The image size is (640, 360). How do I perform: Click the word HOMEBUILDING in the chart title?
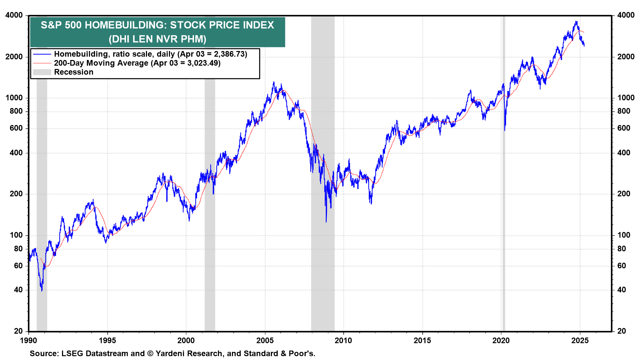point(126,25)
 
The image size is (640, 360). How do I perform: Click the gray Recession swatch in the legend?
point(42,72)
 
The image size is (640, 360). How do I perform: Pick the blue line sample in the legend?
point(42,54)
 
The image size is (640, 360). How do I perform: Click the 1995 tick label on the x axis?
point(107,341)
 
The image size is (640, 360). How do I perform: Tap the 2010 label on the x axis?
point(343,341)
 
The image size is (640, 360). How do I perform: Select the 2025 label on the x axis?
point(580,341)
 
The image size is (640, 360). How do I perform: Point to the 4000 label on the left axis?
point(14,15)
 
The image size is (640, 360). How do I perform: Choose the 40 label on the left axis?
point(18,290)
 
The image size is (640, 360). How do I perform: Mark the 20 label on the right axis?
point(622,331)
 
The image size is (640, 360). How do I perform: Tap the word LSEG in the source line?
point(72,354)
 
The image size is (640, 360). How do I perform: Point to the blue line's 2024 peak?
point(576,22)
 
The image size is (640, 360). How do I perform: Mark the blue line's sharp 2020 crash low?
point(505,130)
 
